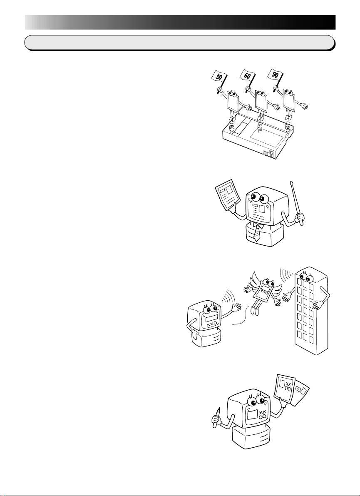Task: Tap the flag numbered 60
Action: [246, 76]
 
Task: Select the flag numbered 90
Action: [274, 74]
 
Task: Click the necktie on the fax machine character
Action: [257, 233]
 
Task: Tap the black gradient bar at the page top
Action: [180, 22]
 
